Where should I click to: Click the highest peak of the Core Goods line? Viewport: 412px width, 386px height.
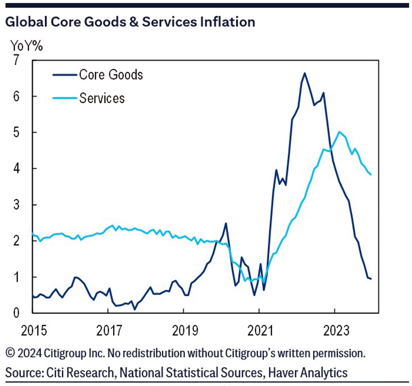(304, 73)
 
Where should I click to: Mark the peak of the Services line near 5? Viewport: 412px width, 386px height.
(339, 132)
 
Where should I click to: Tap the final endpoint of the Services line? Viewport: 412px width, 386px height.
(371, 175)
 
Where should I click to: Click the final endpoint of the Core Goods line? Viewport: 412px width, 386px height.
(371, 279)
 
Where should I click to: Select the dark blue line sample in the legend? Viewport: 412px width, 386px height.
(64, 75)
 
